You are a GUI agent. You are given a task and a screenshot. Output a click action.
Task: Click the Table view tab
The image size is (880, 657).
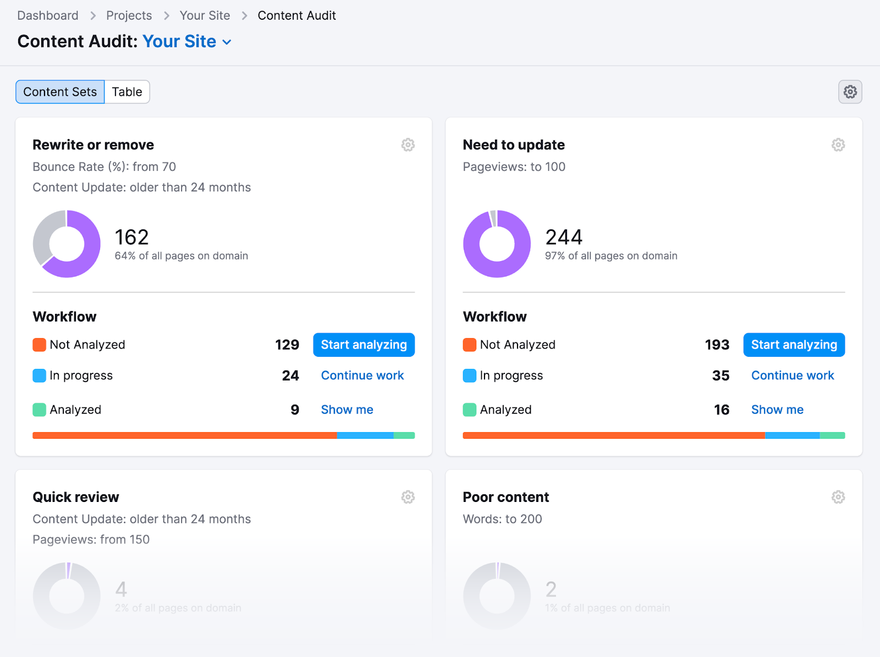tap(127, 92)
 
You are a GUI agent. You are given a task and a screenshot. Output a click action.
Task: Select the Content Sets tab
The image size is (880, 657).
tap(60, 92)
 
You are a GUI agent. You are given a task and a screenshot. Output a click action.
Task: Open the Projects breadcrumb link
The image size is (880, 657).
tap(129, 15)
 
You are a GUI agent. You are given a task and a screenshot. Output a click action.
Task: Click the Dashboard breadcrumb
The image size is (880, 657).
tap(48, 15)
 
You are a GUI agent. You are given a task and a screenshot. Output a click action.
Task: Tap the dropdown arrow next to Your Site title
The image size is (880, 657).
tap(227, 42)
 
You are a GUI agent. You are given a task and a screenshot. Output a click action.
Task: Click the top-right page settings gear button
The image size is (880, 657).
tap(850, 92)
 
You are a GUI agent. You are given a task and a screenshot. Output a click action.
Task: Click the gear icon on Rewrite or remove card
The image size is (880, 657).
tap(408, 145)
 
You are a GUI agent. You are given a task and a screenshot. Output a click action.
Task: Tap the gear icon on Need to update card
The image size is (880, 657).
tap(838, 145)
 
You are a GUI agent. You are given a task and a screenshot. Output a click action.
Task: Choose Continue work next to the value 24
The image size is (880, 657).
tap(362, 376)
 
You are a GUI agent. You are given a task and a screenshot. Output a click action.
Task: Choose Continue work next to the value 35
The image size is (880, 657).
tap(792, 376)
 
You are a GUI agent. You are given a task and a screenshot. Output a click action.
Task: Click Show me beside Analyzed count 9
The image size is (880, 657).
tap(347, 410)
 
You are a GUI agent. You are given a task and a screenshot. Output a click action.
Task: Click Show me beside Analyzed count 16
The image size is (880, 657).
tap(777, 410)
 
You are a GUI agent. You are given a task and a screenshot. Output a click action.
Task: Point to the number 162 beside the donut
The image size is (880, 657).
tap(132, 238)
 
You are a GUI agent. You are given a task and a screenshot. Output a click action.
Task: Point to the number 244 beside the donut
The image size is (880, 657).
tap(564, 238)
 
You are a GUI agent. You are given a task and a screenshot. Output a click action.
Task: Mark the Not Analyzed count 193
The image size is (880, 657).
tap(717, 345)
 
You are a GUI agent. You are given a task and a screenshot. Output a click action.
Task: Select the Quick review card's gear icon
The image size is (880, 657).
tap(408, 497)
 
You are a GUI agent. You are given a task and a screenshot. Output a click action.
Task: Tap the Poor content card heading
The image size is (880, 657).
tap(505, 497)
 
